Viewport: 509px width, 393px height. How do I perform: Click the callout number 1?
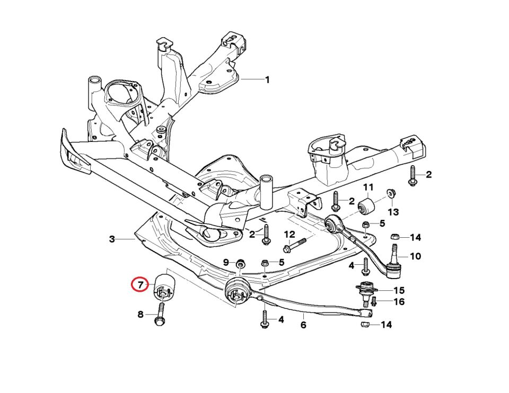pyautogui.click(x=267, y=80)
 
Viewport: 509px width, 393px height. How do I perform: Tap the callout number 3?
pyautogui.click(x=112, y=239)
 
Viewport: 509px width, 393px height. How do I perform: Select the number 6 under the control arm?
pyautogui.click(x=303, y=325)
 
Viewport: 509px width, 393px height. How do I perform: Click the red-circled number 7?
pyautogui.click(x=140, y=285)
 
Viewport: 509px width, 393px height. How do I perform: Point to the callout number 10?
pyautogui.click(x=415, y=256)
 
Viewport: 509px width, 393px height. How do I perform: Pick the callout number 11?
pyautogui.click(x=368, y=187)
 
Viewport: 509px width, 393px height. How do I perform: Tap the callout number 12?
pyautogui.click(x=289, y=235)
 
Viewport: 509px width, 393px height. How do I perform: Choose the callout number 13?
pyautogui.click(x=393, y=212)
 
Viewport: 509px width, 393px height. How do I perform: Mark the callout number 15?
pyautogui.click(x=399, y=290)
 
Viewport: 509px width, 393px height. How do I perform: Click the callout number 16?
pyautogui.click(x=399, y=302)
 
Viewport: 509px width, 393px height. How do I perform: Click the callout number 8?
pyautogui.click(x=141, y=315)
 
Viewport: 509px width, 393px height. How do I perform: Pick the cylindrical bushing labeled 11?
pyautogui.click(x=367, y=206)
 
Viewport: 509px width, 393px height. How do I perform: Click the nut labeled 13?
pyautogui.click(x=391, y=192)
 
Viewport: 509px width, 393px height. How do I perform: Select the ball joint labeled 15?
pyautogui.click(x=364, y=291)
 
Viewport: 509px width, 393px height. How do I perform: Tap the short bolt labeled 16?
pyautogui.click(x=374, y=302)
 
